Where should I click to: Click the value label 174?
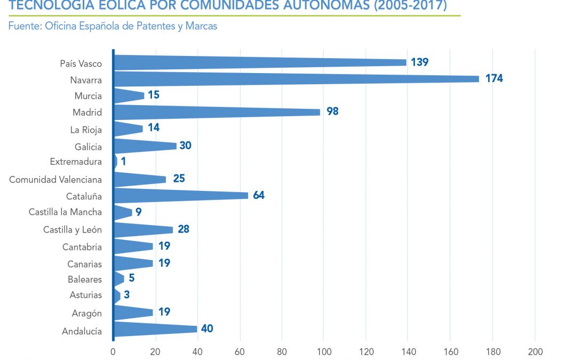tap(494, 79)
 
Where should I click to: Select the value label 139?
tap(420, 62)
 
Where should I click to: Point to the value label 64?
tap(259, 195)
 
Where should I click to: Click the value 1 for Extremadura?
tap(123, 162)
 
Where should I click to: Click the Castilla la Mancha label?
tap(65, 212)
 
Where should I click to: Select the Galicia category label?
tap(89, 146)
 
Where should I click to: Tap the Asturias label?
tap(85, 295)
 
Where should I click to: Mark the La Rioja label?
tap(86, 130)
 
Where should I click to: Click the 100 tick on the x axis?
tap(324, 351)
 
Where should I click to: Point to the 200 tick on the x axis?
tap(535, 351)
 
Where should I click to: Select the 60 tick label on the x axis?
tap(239, 351)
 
